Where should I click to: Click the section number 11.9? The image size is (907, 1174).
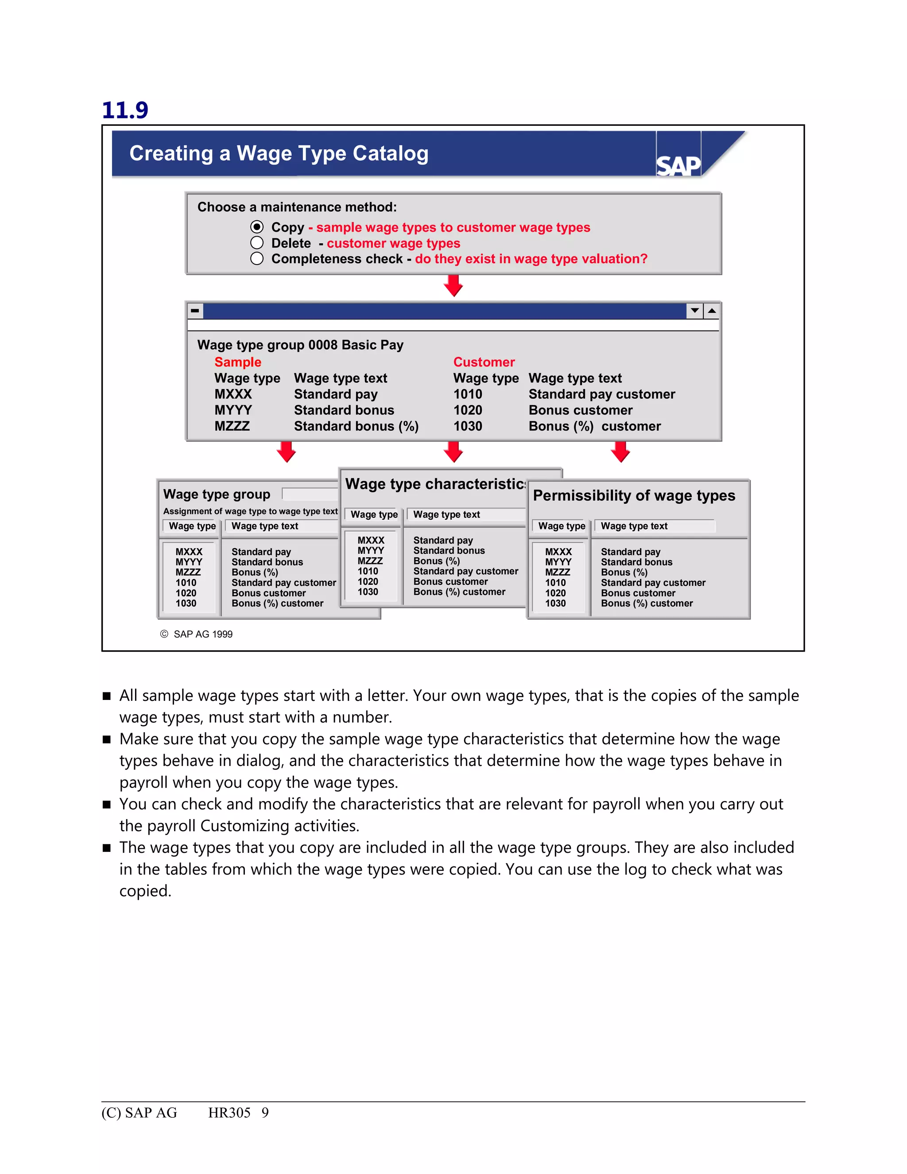click(x=124, y=110)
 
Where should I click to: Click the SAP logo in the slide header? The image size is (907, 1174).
click(x=678, y=165)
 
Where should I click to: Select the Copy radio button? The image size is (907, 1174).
click(x=257, y=227)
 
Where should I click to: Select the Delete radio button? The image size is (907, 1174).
click(x=257, y=243)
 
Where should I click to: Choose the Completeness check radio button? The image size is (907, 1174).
click(x=257, y=259)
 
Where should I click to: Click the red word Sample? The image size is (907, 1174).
click(x=237, y=362)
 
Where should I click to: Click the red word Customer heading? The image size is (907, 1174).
click(x=484, y=362)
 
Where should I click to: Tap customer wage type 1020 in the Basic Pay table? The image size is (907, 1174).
click(x=468, y=410)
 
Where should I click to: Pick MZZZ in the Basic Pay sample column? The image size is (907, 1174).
click(x=232, y=426)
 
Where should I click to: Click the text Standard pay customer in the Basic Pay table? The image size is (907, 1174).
click(x=601, y=394)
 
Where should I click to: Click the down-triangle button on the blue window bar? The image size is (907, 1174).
click(x=695, y=311)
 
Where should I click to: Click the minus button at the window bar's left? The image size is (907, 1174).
click(x=195, y=311)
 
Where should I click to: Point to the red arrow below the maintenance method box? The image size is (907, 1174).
click(x=453, y=285)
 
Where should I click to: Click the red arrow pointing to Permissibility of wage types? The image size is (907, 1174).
click(x=620, y=451)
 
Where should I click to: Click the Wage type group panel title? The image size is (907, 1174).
click(x=217, y=494)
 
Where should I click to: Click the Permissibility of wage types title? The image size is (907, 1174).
click(x=633, y=495)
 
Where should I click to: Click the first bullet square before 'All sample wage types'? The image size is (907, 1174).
click(x=106, y=696)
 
